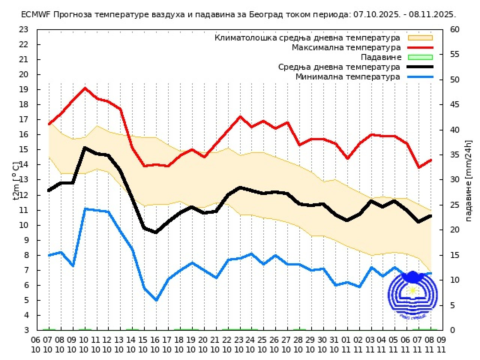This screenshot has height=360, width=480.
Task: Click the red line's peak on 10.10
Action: pos(85,88)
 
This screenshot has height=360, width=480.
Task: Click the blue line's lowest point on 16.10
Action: pos(156,300)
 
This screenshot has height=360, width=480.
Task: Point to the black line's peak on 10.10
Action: pos(85,148)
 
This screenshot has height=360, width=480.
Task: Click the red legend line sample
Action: pos(420,48)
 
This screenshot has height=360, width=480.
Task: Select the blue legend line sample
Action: pos(420,77)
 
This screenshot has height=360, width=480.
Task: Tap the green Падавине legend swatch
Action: pos(420,57)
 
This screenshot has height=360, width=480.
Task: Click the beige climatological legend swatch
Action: pos(420,38)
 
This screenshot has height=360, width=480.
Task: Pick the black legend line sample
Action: pos(420,67)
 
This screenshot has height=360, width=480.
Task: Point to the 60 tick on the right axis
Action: pos(455,30)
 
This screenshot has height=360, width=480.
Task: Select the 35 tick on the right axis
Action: pos(455,155)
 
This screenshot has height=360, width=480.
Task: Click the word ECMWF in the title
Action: pos(36,15)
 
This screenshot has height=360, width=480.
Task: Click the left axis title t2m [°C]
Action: pos(16,180)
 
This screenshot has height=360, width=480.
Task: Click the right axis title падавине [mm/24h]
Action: pos(468,180)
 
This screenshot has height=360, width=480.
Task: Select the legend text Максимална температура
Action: pos(346,48)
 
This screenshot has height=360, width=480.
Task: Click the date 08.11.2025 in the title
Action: pos(433,15)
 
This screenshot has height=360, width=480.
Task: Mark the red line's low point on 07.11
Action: pos(419,167)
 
